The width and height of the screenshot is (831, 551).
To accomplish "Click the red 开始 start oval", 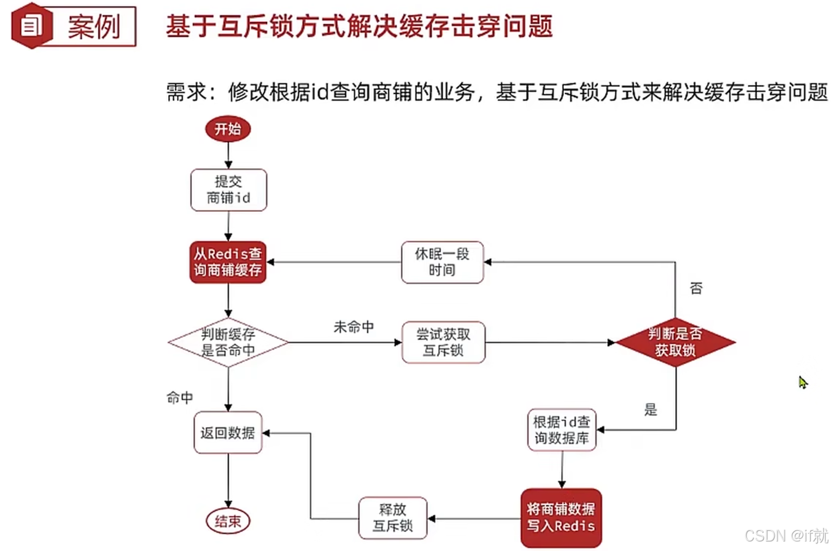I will click(228, 129).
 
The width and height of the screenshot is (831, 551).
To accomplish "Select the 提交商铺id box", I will click(229, 190).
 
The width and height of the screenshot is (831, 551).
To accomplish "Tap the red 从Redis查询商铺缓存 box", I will click(228, 262).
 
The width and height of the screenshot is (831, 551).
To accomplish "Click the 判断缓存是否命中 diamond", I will click(228, 342).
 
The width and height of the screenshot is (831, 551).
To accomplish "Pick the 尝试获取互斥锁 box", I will click(443, 342).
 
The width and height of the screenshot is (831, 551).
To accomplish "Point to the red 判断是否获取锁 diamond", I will click(675, 342).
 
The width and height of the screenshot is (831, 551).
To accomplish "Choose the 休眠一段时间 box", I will click(442, 262).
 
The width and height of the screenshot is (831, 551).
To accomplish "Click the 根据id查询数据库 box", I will click(562, 430).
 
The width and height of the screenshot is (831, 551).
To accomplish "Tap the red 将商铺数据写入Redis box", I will click(561, 518).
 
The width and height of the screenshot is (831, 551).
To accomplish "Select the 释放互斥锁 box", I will click(393, 518).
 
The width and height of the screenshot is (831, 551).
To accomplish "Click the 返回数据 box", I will click(228, 433).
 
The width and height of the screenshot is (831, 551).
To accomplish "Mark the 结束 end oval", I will click(228, 521).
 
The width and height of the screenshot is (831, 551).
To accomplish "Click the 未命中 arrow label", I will click(354, 327).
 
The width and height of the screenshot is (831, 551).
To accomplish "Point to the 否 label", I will click(696, 288).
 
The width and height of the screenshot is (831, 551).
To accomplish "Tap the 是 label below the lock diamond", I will click(650, 410).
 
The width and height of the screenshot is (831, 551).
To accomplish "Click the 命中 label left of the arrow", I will click(180, 398).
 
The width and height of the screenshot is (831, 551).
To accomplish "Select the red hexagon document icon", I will click(31, 25).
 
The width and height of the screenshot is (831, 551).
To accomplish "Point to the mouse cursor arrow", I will click(803, 382).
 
